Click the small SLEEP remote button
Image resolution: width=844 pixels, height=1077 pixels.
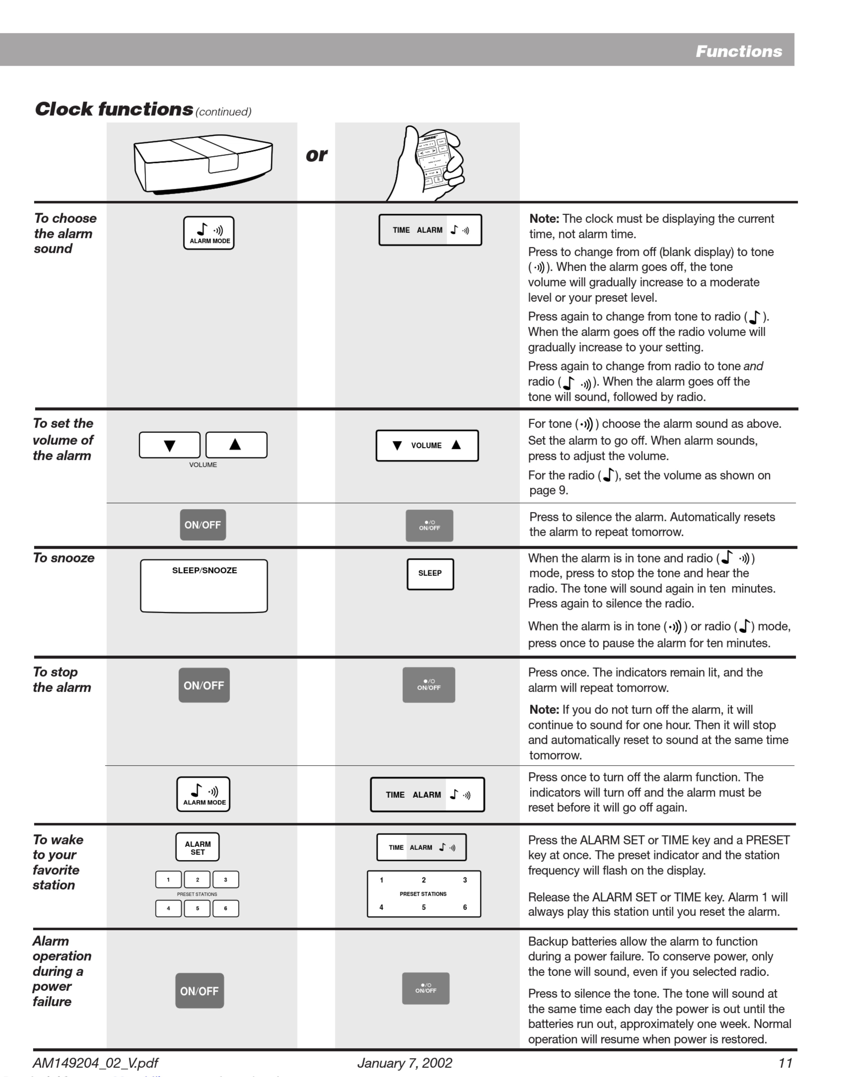(430, 573)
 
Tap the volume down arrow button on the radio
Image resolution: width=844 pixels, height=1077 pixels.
(170, 445)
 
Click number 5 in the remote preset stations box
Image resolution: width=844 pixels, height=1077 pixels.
(423, 907)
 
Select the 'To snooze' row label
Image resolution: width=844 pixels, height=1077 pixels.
(64, 558)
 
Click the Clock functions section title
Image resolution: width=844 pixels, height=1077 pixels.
(114, 109)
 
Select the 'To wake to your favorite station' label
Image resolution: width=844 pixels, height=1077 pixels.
(58, 862)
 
